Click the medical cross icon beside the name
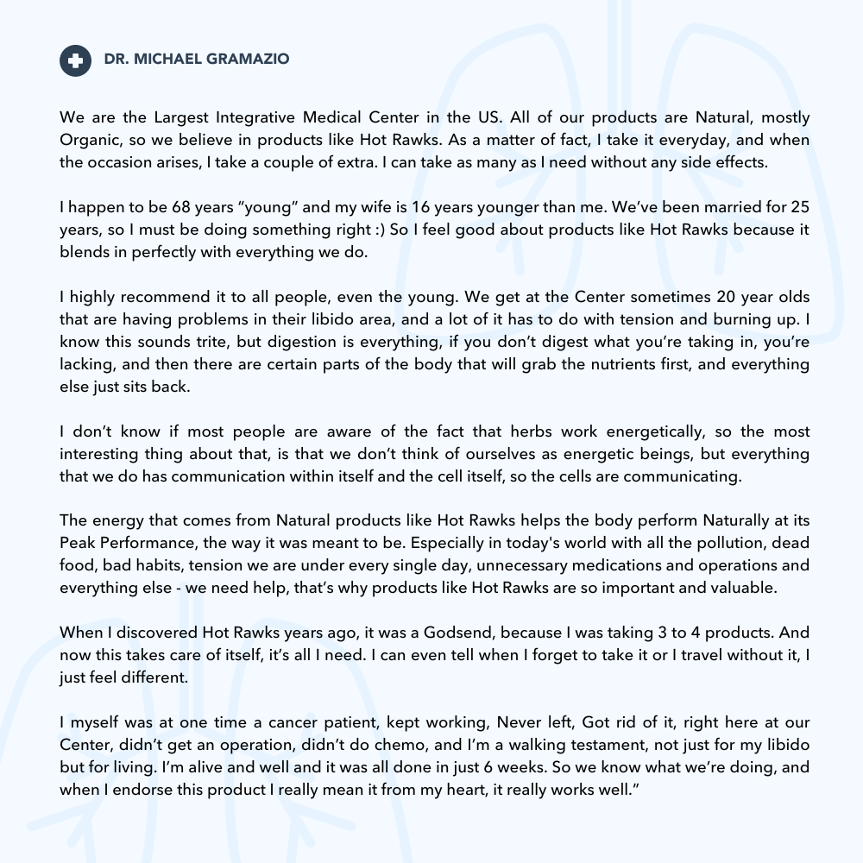[75, 60]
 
